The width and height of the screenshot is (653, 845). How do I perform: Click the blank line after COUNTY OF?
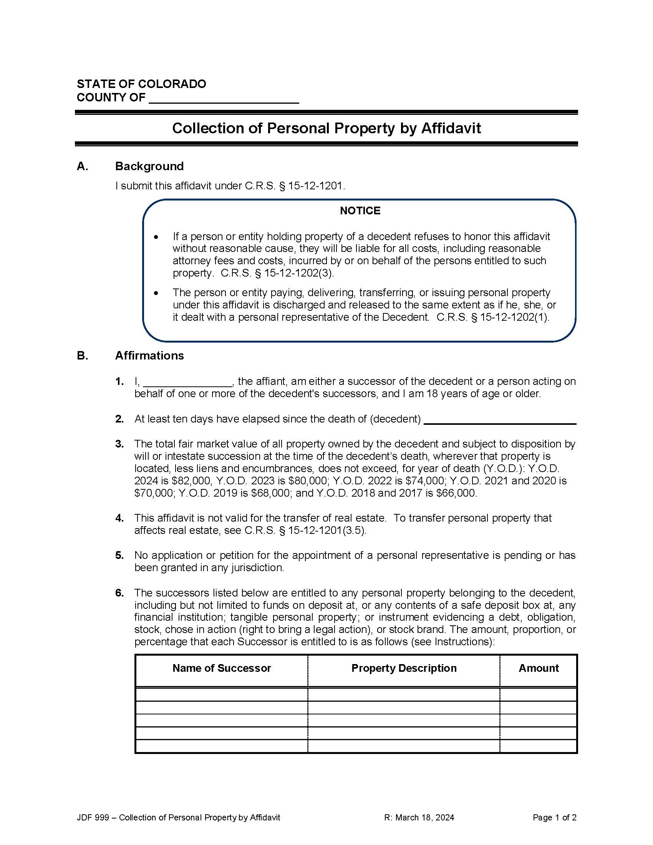click(224, 99)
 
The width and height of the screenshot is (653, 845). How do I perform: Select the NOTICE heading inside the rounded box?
click(360, 210)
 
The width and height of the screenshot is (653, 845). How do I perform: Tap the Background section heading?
click(149, 166)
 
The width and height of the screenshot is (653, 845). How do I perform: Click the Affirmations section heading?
click(149, 355)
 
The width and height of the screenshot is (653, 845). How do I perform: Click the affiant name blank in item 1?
click(187, 382)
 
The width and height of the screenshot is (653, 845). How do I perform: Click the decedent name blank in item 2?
click(500, 420)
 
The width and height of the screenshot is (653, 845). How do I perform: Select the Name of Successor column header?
click(222, 668)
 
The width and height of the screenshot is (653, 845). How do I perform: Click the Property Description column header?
click(404, 668)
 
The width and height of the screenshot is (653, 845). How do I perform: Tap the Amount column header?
click(539, 668)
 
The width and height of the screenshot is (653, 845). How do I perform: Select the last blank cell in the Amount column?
click(539, 746)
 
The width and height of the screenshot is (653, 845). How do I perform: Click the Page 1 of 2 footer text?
click(554, 817)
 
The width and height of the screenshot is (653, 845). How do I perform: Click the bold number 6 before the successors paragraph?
click(119, 593)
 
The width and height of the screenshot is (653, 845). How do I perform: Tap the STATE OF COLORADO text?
click(141, 84)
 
